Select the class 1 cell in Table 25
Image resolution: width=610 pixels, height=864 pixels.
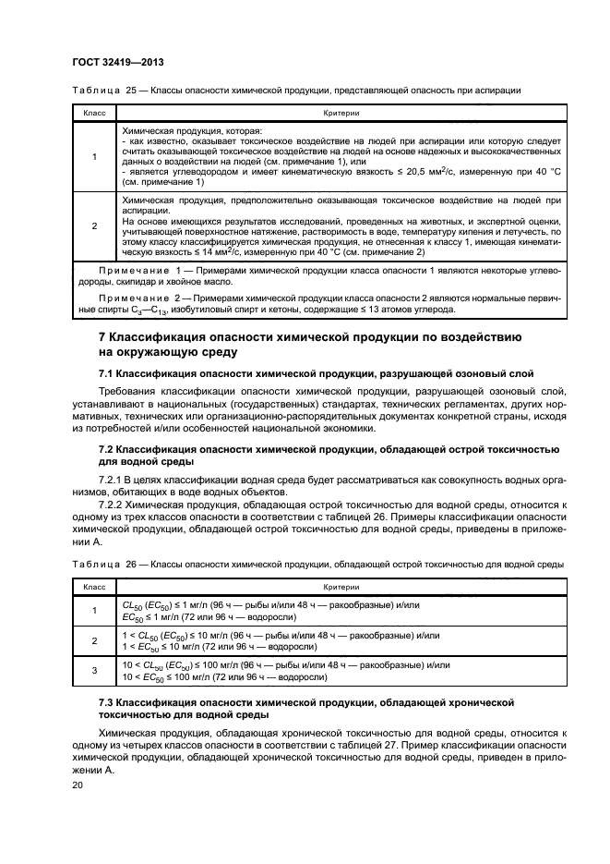[94, 157]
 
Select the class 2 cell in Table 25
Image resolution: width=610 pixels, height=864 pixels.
[94, 225]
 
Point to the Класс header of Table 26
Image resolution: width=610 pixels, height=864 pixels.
[94, 587]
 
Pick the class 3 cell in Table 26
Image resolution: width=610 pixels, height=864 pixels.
[94, 671]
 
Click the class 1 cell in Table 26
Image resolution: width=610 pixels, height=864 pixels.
[94, 609]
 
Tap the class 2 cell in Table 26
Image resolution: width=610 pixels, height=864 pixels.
[94, 640]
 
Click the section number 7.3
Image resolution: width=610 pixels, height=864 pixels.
[108, 703]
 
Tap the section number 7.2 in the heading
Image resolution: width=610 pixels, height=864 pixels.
[108, 448]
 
